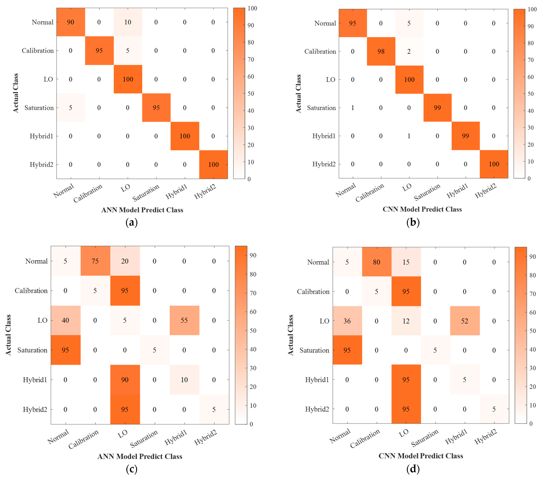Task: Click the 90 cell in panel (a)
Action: [x=70, y=22]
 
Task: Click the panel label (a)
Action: [x=132, y=222]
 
